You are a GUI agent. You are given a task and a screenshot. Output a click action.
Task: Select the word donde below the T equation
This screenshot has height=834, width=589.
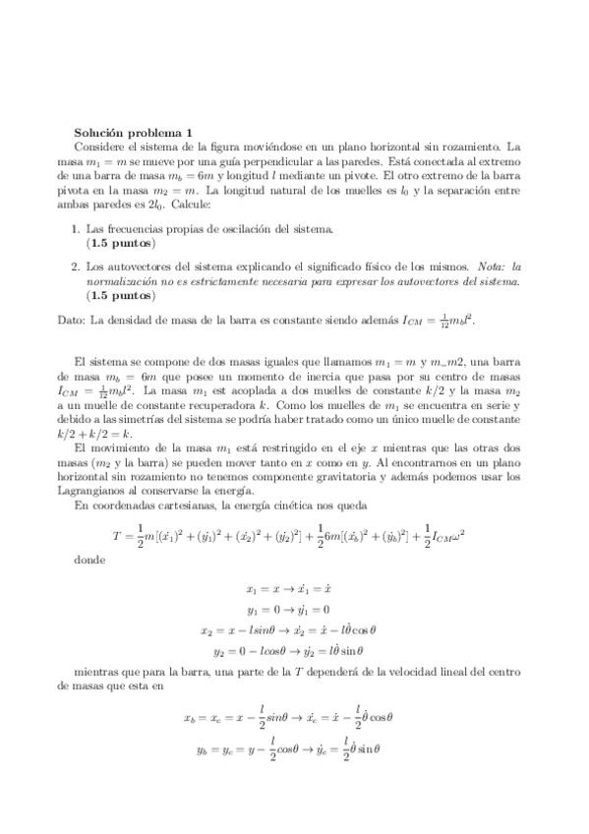[87, 560]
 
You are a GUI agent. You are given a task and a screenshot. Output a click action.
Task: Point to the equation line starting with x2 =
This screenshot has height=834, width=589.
[294, 629]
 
